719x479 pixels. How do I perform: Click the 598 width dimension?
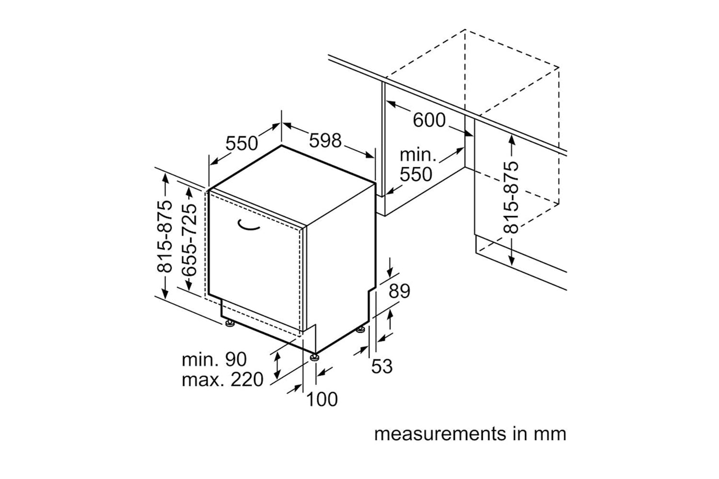pyautogui.click(x=325, y=140)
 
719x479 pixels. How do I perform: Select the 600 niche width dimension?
pyautogui.click(x=429, y=120)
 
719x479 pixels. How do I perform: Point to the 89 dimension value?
pyautogui.click(x=399, y=291)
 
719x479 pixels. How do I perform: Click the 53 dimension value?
pyautogui.click(x=382, y=366)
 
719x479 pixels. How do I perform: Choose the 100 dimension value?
pyautogui.click(x=322, y=399)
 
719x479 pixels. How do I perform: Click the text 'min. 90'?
pyautogui.click(x=214, y=359)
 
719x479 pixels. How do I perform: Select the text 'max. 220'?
pyautogui.click(x=222, y=379)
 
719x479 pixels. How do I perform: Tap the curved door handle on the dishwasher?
pyautogui.click(x=248, y=226)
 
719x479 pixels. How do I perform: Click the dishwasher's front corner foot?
pyautogui.click(x=314, y=357)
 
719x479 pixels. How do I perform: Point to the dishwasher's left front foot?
pyautogui.click(x=230, y=323)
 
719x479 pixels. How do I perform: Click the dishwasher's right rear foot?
pyautogui.click(x=360, y=330)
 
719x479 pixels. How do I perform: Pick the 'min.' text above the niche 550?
pyautogui.click(x=418, y=155)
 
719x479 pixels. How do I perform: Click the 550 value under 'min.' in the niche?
pyautogui.click(x=416, y=175)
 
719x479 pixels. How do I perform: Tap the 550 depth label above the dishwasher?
pyautogui.click(x=242, y=143)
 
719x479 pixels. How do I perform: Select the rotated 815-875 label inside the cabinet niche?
pyautogui.click(x=511, y=198)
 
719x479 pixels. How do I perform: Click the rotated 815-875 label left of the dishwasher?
pyautogui.click(x=164, y=236)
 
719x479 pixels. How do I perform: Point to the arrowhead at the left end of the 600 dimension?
pyautogui.click(x=391, y=103)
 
